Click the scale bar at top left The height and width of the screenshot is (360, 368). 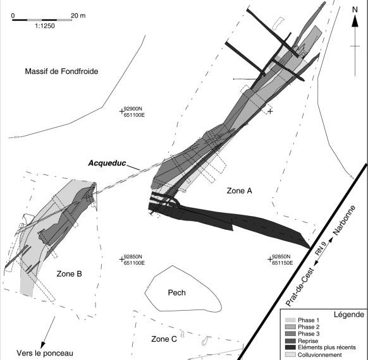click(x=42, y=20)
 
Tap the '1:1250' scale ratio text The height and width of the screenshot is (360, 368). click(x=45, y=26)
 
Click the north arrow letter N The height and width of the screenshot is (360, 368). click(x=355, y=9)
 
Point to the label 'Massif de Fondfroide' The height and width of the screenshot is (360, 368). click(x=61, y=71)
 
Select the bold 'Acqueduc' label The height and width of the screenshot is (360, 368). click(x=107, y=163)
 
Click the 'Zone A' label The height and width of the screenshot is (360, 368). click(x=240, y=191)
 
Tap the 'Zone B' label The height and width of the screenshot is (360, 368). click(x=69, y=273)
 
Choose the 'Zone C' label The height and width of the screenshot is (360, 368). click(x=164, y=339)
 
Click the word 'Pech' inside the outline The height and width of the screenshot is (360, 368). click(x=176, y=292)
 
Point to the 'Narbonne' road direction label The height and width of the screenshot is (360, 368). click(x=345, y=220)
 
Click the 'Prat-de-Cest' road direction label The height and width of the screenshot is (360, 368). click(x=300, y=287)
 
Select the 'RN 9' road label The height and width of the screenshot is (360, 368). click(x=321, y=249)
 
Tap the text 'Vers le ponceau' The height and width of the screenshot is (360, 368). click(x=45, y=353)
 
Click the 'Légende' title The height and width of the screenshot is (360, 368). click(x=349, y=315)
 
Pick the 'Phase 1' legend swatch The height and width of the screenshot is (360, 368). click(x=290, y=320)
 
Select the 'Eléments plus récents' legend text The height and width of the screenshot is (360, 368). click(x=327, y=347)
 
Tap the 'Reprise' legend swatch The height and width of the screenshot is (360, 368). click(x=290, y=341)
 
